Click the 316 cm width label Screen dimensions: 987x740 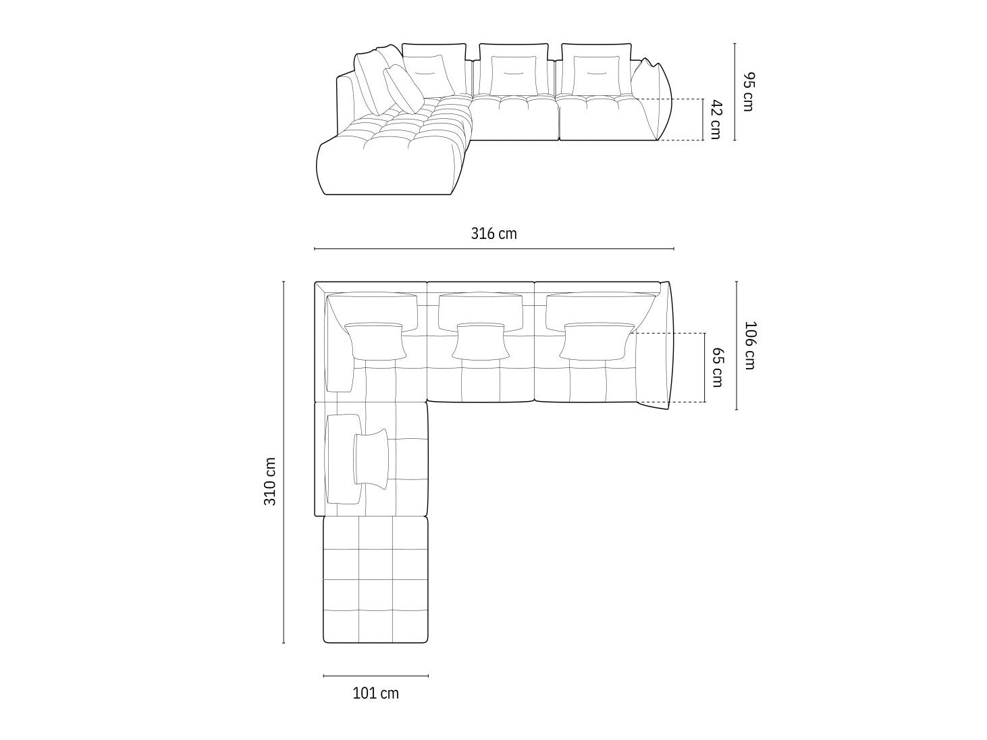493,234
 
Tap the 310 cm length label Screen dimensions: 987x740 270,481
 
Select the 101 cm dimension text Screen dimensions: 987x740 375,693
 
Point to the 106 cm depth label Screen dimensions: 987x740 749,345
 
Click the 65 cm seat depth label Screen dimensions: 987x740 717,367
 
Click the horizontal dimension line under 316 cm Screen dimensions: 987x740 493,248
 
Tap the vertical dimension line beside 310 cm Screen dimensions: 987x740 284,462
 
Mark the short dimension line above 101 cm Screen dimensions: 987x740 375,675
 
